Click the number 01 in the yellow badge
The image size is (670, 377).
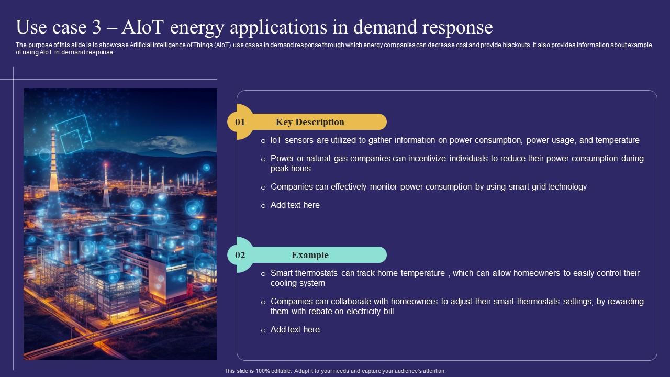[x=240, y=122]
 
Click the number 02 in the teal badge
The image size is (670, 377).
[x=240, y=255]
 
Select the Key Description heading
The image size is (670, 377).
[x=310, y=122]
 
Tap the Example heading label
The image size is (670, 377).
[x=310, y=255]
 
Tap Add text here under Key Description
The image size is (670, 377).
[x=295, y=205]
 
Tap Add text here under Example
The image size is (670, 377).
[x=295, y=330]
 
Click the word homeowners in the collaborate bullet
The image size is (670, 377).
[x=413, y=302]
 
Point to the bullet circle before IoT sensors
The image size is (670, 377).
[x=263, y=141]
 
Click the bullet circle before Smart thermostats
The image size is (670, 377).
[x=263, y=274]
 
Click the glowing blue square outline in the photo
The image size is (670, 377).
[x=74, y=133]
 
